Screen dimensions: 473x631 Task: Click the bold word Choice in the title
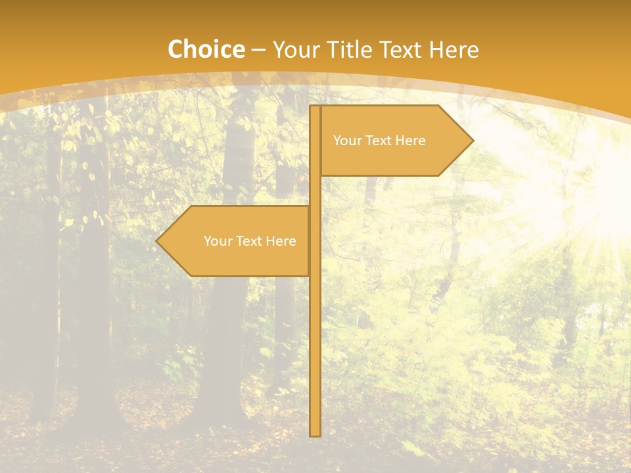(206, 50)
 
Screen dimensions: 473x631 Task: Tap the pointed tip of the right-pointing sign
(471, 140)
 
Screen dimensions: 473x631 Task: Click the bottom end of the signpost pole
(315, 433)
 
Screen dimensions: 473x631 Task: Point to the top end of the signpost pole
(315, 108)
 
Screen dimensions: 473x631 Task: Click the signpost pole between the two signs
(315, 191)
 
